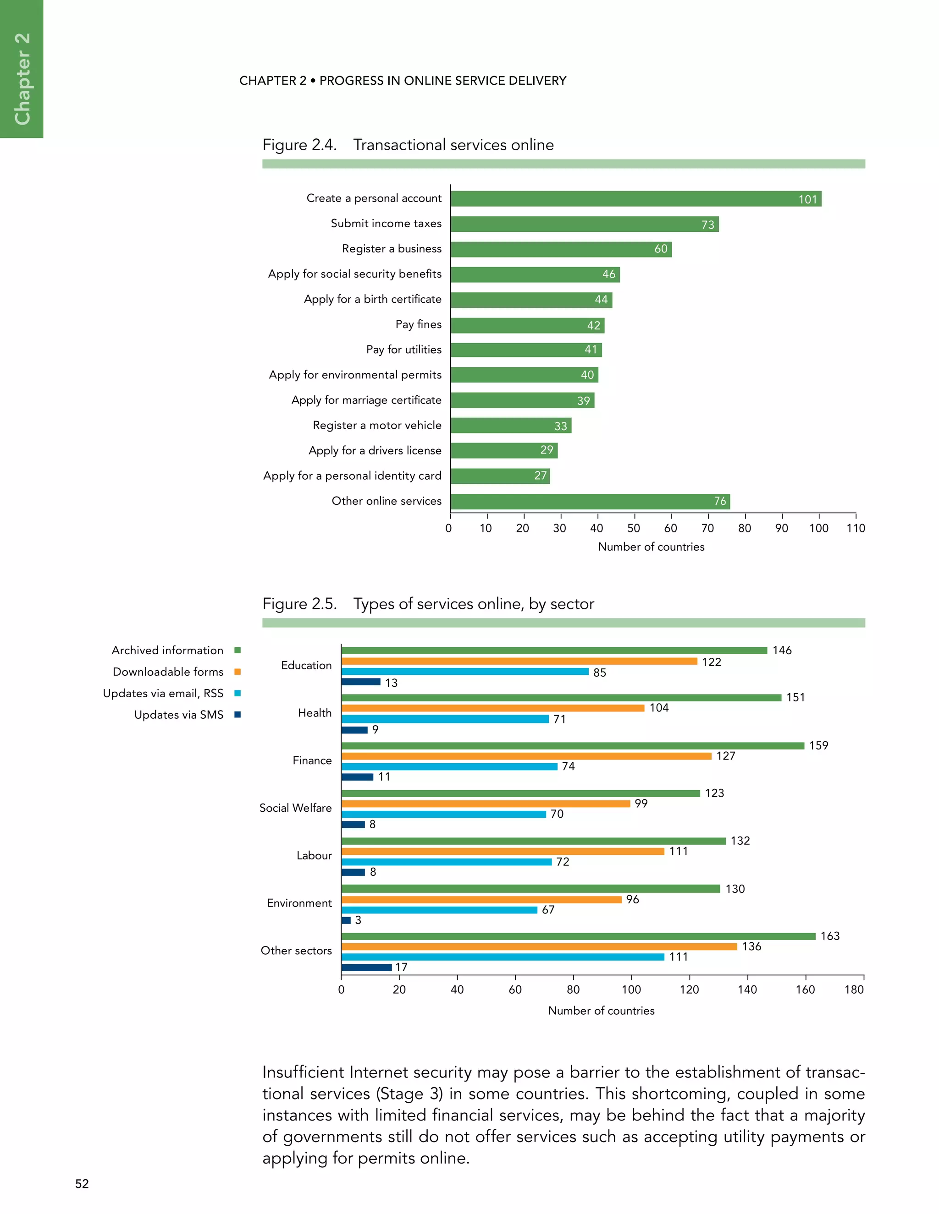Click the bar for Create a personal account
pyautogui.click(x=635, y=199)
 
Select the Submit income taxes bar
pyautogui.click(x=584, y=224)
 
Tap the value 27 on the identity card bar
pyautogui.click(x=540, y=476)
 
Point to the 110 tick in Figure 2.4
pyautogui.click(x=856, y=528)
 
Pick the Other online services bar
pyautogui.click(x=590, y=501)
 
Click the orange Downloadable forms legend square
pyautogui.click(x=238, y=672)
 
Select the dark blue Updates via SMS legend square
pyautogui.click(x=238, y=715)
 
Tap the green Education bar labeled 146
pyautogui.click(x=554, y=651)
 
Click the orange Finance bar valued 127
pyautogui.click(x=526, y=756)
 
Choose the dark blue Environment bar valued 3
pyautogui.click(x=346, y=920)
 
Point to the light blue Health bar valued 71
pyautogui.click(x=445, y=719)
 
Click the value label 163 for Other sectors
pyautogui.click(x=830, y=936)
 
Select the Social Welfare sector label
pyautogui.click(x=295, y=808)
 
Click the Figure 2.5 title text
pyautogui.click(x=428, y=604)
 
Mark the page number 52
pyautogui.click(x=82, y=1183)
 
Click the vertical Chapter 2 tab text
pyautogui.click(x=22, y=78)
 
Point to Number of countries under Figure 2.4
pyautogui.click(x=651, y=547)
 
